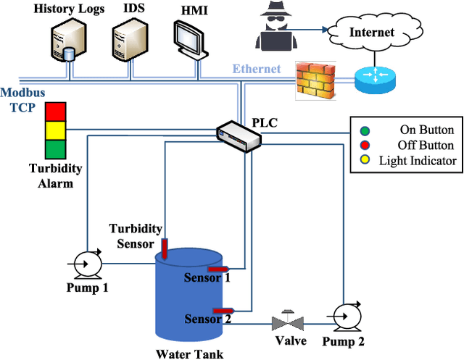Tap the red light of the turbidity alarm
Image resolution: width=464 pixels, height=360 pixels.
point(55,112)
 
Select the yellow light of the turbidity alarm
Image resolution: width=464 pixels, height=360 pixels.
point(55,130)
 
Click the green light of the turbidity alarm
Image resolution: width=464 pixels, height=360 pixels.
point(55,148)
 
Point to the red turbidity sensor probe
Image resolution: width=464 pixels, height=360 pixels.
point(165,248)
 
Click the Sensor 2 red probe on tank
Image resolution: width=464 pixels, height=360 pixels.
point(227,311)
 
